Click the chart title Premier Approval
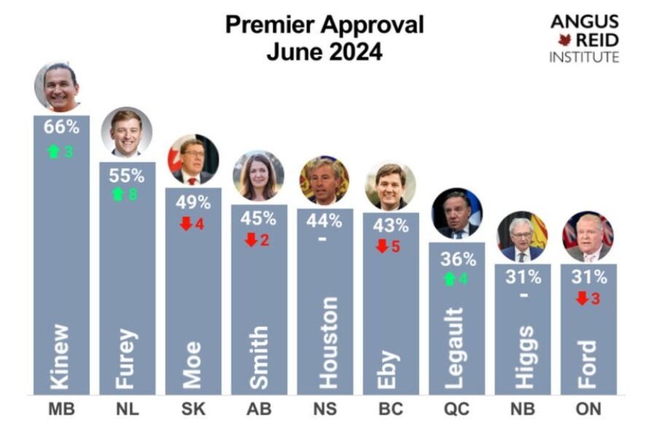[324, 24]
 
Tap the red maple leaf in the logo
[562, 39]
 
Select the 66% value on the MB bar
[61, 126]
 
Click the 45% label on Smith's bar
[259, 218]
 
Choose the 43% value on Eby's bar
[391, 226]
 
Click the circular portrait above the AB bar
[259, 176]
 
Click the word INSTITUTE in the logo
[585, 57]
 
